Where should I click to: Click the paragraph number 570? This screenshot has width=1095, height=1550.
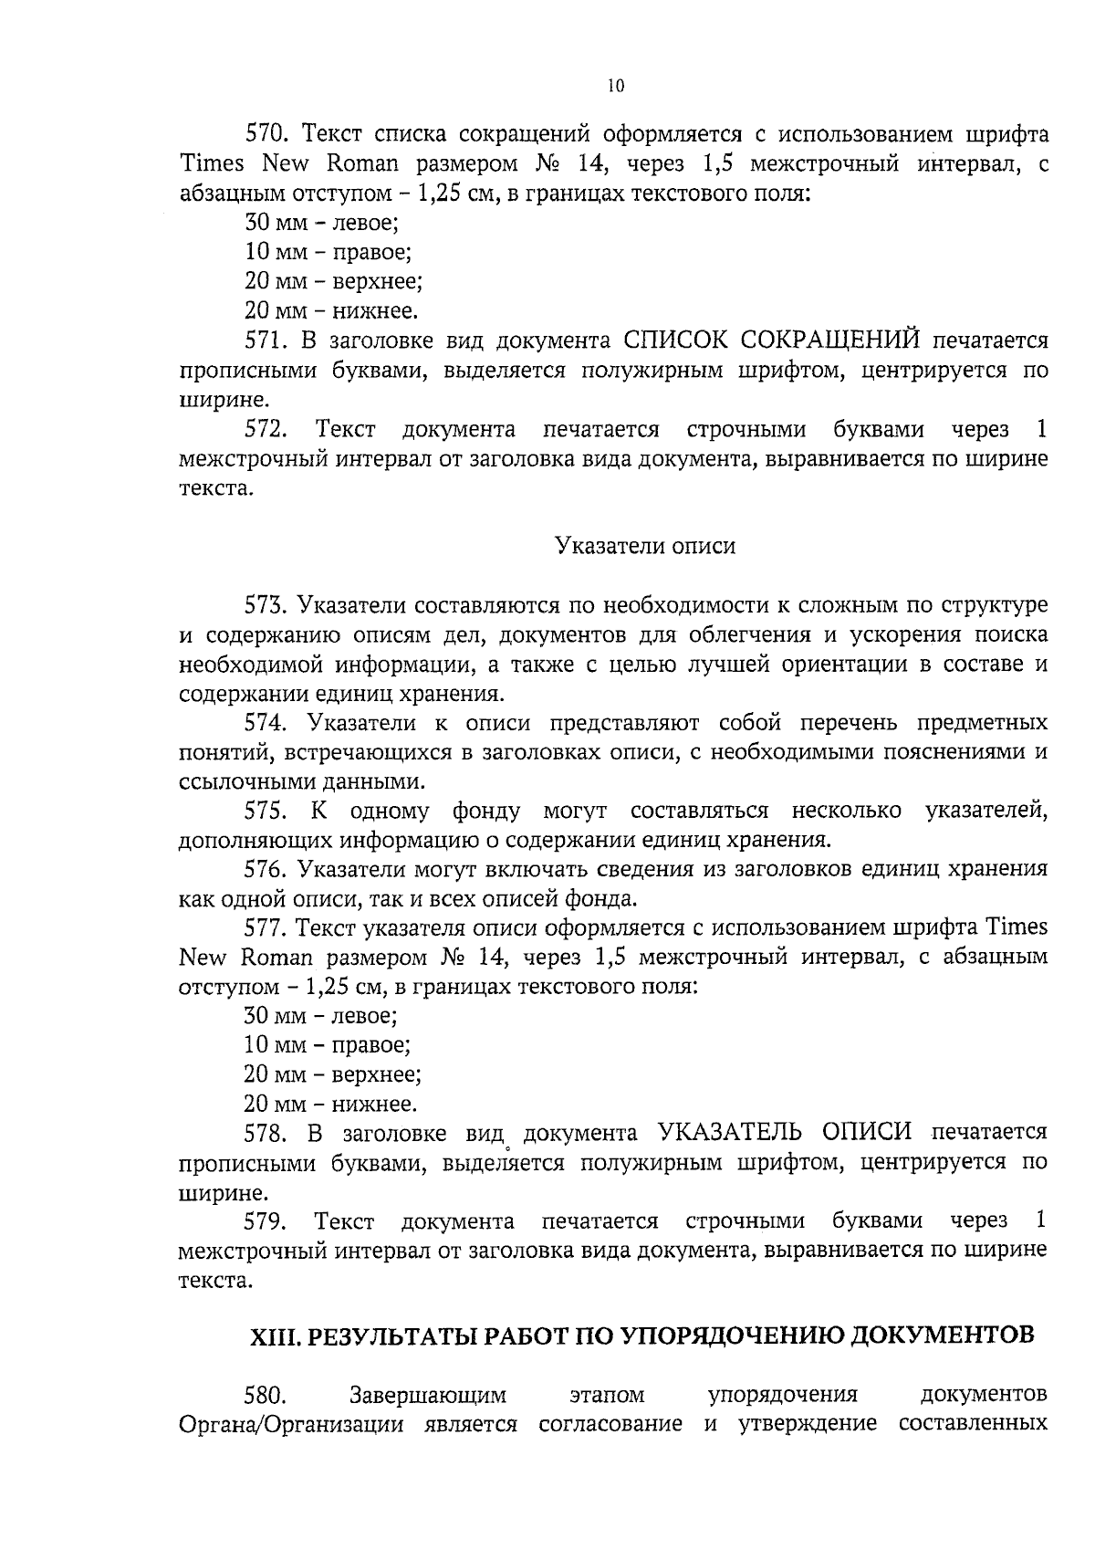pyautogui.click(x=267, y=135)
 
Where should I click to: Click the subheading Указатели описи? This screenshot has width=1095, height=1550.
pyautogui.click(x=645, y=547)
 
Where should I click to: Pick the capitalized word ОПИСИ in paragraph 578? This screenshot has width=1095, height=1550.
pyautogui.click(x=867, y=1133)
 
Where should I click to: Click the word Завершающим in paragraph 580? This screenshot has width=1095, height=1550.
pyautogui.click(x=428, y=1396)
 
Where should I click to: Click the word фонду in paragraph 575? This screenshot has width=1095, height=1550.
pyautogui.click(x=485, y=811)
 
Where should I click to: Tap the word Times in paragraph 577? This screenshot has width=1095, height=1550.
pyautogui.click(x=1017, y=927)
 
